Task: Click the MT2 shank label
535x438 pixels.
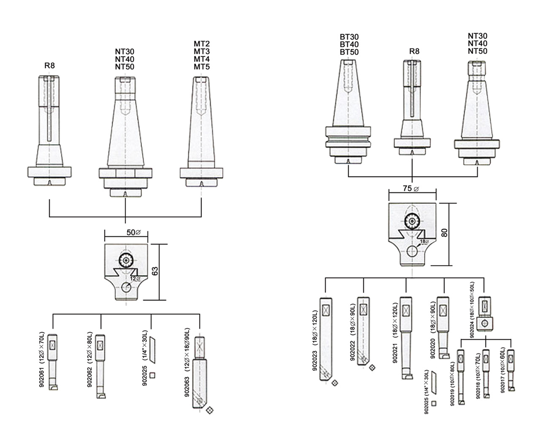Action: click(x=202, y=44)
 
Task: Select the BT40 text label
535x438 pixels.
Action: click(x=349, y=45)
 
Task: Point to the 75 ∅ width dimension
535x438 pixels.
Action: click(x=411, y=189)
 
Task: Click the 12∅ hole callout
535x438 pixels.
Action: click(x=135, y=279)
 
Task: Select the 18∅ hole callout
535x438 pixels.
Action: click(x=424, y=242)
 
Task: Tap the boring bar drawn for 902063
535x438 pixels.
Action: click(x=199, y=370)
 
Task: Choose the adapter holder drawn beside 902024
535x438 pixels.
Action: click(x=485, y=313)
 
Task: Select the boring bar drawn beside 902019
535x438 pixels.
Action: click(x=461, y=376)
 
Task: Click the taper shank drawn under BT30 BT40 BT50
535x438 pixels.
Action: click(x=349, y=111)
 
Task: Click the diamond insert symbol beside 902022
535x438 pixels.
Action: click(x=372, y=367)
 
